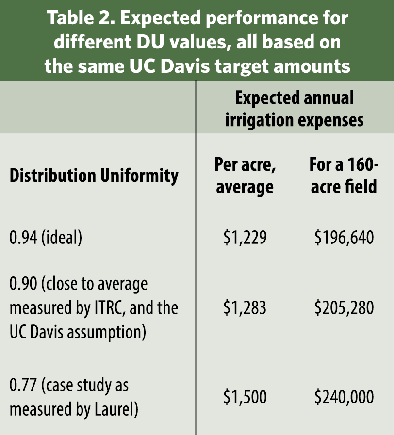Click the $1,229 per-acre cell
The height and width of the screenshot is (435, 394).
coord(245,238)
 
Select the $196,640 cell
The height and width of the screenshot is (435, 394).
coord(344,238)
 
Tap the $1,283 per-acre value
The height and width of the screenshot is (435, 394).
coord(245,307)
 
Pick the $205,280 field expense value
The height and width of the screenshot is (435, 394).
coord(344,307)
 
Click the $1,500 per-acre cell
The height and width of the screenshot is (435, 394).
coord(245,397)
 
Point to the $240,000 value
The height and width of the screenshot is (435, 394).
coord(344,397)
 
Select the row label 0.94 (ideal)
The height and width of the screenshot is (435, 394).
coord(46,238)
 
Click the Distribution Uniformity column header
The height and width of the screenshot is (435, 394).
coord(94,176)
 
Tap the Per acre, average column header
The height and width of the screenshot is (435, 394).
coord(245,175)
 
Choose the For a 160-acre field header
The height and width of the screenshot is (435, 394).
coord(344,175)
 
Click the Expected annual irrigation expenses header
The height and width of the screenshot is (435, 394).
coord(295,109)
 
